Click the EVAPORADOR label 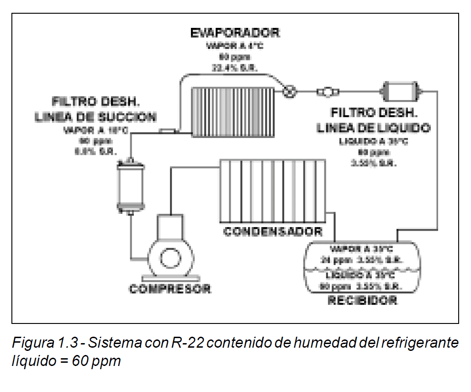tap(235, 33)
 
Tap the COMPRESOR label tap(170, 289)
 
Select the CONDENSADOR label tap(273, 231)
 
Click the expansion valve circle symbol tap(289, 91)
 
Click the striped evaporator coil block tap(233, 111)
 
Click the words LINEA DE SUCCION tap(96, 117)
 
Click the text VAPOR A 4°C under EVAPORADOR tap(235, 46)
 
